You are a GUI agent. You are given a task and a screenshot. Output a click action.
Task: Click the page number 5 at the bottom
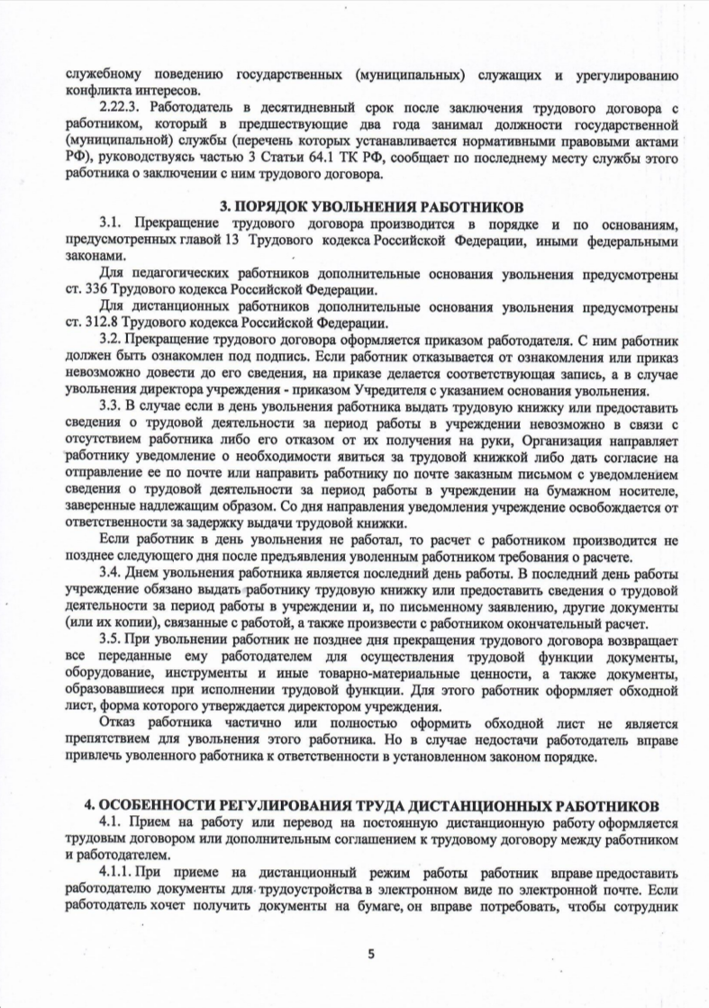pyautogui.click(x=369, y=953)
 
